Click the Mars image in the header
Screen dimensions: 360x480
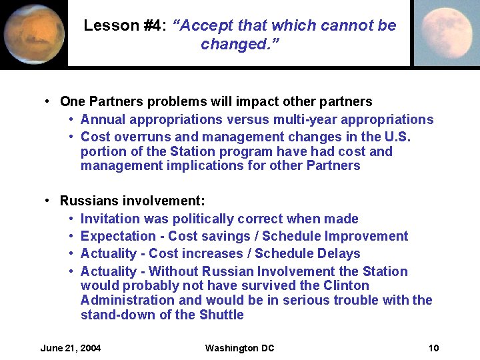(33, 33)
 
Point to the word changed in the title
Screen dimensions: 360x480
(227, 45)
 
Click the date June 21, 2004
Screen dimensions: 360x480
(71, 348)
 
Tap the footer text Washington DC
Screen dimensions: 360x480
(239, 348)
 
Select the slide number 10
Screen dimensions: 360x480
(433, 348)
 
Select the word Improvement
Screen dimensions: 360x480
(370, 236)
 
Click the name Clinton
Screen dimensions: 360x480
(345, 285)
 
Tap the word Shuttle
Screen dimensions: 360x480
(221, 315)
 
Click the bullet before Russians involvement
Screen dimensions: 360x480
(48, 201)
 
